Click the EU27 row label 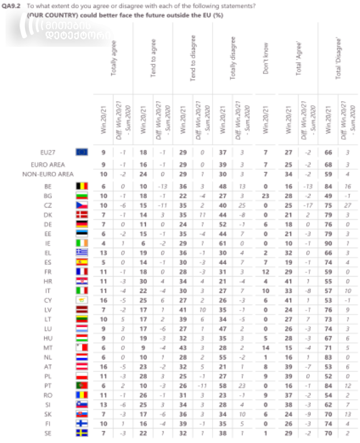(47, 151)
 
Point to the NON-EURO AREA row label (47, 174)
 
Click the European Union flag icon (81, 151)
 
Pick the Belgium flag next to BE (81, 186)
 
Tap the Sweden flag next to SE (81, 432)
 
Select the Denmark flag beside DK (81, 215)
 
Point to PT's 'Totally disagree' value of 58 (223, 385)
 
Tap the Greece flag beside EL (81, 253)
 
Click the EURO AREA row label (47, 165)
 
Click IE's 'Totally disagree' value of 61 (223, 243)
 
